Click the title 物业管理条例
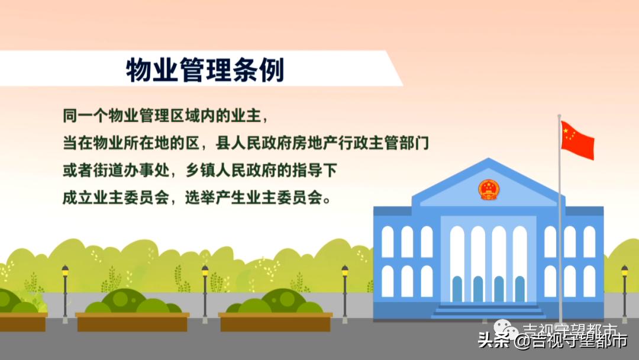(x=205, y=70)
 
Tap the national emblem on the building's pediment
(x=489, y=189)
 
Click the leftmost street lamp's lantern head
(x=65, y=271)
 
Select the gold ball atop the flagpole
(x=559, y=116)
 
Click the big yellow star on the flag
(x=567, y=130)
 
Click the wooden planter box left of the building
(x=275, y=322)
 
